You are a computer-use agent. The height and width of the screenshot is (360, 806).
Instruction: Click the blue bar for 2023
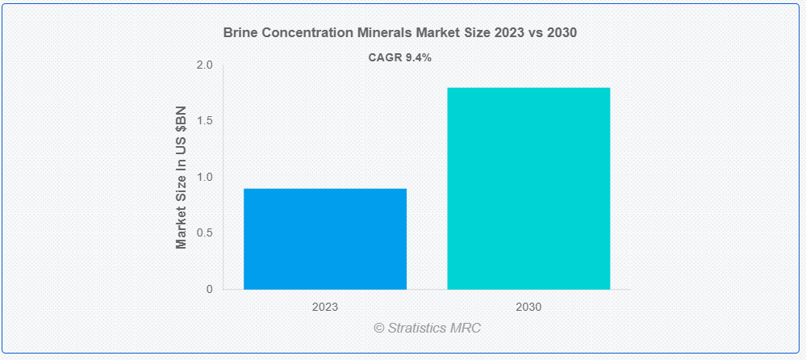pos(324,239)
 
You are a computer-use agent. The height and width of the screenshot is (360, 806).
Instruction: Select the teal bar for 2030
pos(528,188)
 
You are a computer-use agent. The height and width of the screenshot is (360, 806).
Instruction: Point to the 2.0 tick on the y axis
pos(204,65)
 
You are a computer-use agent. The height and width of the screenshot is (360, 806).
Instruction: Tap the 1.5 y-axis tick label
pos(204,121)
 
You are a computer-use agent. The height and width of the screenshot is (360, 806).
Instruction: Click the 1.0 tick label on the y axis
pos(204,178)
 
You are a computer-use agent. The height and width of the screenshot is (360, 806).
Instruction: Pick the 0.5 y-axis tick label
pos(204,233)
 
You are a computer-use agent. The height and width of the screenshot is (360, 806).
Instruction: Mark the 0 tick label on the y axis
pos(209,289)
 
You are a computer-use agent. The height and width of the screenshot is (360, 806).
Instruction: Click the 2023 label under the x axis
pos(324,308)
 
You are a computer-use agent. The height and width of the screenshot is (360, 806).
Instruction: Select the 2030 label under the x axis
pos(528,308)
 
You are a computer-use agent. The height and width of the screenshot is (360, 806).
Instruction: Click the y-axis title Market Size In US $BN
pos(182,177)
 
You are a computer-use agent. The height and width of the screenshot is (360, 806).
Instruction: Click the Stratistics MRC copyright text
pos(427,329)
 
